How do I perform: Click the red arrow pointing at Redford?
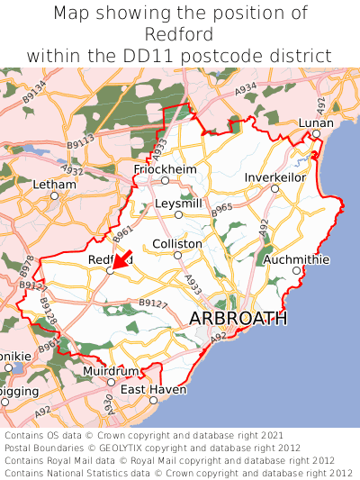121,259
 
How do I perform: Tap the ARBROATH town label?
238,319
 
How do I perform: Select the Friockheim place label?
164,169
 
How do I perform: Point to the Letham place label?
54,184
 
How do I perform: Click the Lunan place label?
316,123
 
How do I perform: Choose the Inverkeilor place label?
274,177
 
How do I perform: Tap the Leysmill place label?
178,204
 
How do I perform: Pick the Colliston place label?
177,244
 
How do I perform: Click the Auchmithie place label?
296,259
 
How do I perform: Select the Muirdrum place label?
111,371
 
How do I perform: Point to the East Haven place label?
153,389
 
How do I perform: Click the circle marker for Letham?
54,195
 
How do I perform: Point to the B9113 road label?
80,141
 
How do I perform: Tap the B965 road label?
222,208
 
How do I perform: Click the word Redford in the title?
180,34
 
